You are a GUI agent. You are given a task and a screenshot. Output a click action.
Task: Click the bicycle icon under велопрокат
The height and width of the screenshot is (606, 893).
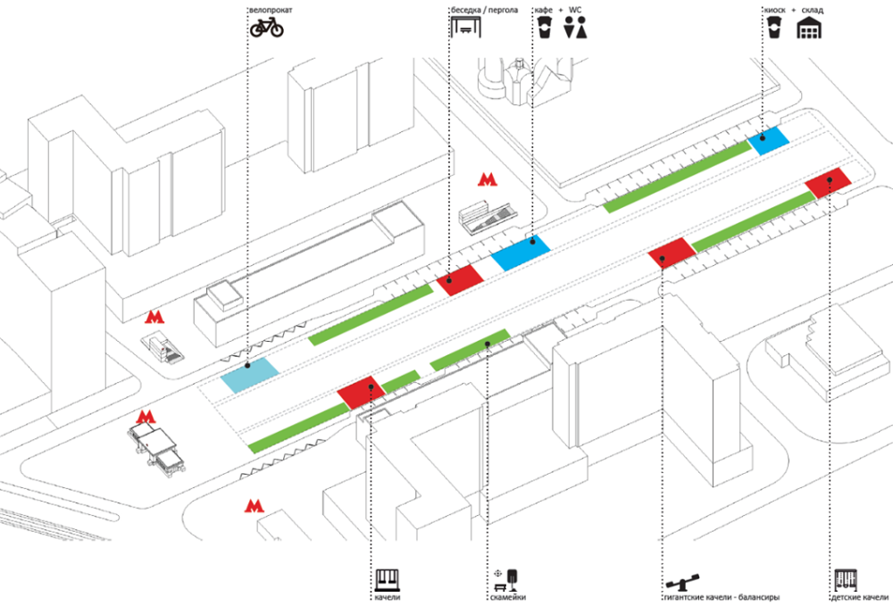pyautogui.click(x=266, y=29)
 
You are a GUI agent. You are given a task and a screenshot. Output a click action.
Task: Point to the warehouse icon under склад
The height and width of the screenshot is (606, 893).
pyautogui.click(x=810, y=28)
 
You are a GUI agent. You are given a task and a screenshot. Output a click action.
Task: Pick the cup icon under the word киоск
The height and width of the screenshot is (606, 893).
pyautogui.click(x=773, y=29)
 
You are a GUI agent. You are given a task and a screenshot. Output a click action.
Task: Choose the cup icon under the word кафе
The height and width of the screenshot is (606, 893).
pyautogui.click(x=541, y=29)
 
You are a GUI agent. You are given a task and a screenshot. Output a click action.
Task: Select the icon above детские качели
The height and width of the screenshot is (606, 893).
pyautogui.click(x=846, y=579)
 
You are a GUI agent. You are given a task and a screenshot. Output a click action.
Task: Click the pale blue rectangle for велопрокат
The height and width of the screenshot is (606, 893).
pyautogui.click(x=249, y=376)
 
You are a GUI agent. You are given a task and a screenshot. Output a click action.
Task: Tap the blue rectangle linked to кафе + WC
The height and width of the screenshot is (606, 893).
pyautogui.click(x=520, y=253)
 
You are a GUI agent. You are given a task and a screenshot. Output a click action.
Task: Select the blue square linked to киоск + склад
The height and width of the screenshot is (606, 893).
pyautogui.click(x=769, y=140)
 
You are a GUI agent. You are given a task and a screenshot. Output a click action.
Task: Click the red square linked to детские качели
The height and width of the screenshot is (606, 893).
pyautogui.click(x=828, y=182)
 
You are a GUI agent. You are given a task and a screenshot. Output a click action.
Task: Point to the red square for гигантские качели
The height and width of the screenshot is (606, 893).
pyautogui.click(x=671, y=253)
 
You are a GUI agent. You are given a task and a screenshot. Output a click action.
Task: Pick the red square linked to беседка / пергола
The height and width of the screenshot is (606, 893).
pyautogui.click(x=459, y=280)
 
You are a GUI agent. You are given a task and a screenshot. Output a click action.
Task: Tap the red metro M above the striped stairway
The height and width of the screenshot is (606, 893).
pyautogui.click(x=486, y=179)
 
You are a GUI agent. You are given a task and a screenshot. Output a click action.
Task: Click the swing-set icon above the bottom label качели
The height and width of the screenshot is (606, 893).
pyautogui.click(x=388, y=580)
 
